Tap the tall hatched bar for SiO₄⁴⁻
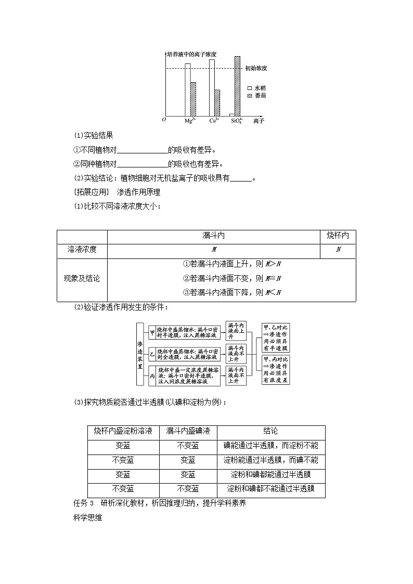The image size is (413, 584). [237, 86]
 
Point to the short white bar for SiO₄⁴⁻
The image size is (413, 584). [232, 114]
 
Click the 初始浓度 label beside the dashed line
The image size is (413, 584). [256, 68]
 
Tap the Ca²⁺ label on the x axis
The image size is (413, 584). [213, 121]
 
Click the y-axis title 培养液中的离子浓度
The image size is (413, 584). [191, 54]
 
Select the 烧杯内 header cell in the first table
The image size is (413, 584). [338, 236]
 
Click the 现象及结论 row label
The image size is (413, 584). [82, 278]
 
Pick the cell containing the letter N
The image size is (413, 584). [338, 250]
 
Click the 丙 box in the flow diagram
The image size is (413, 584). [152, 375]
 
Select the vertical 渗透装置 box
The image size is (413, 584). [139, 354]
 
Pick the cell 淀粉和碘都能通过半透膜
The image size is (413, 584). [271, 475]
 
